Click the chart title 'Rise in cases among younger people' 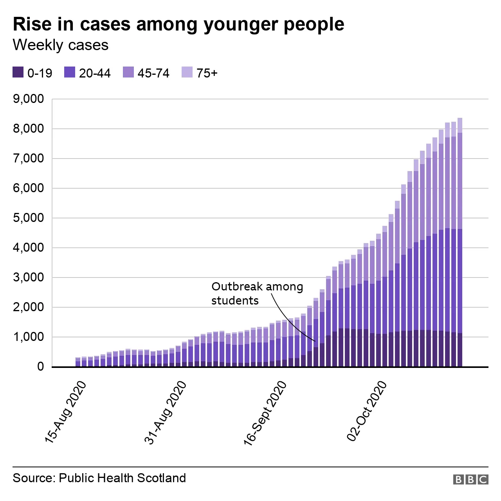tap(178, 24)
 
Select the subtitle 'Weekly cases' tap(61, 45)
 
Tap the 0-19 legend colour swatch tap(18, 72)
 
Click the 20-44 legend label tap(95, 73)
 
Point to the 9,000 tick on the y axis tap(29, 99)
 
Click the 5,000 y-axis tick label tap(29, 218)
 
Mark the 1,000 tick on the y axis tap(29, 337)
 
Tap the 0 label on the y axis tap(40, 367)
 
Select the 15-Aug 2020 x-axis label tap(65, 413)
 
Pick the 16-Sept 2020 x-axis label tap(265, 414)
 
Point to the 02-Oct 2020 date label tap(367, 411)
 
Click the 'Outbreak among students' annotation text tap(257, 294)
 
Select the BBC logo tap(470, 479)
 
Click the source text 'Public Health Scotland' tap(122, 478)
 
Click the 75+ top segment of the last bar tap(460, 125)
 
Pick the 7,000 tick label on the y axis tap(29, 159)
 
